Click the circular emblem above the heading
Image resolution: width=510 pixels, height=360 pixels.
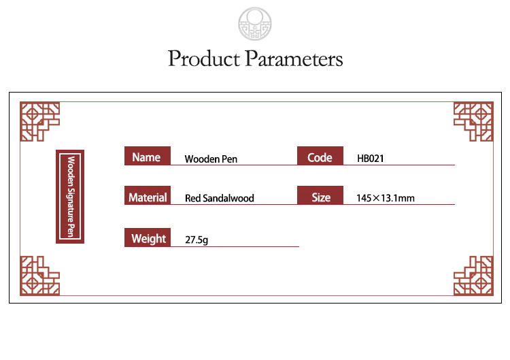255,24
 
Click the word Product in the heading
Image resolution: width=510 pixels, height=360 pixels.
204,59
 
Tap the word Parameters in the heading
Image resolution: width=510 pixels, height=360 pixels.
294,59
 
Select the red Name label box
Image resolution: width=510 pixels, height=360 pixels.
148,156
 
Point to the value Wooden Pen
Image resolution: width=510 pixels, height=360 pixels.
211,159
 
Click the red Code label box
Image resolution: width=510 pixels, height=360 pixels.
320,156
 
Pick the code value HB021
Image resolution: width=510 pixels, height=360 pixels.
371,159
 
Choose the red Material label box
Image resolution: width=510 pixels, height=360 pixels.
148,195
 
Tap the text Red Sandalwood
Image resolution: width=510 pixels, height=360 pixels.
220,198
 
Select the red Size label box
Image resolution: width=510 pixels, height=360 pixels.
320,195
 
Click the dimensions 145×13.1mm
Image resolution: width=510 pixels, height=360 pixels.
386,198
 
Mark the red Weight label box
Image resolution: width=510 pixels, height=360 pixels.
148,238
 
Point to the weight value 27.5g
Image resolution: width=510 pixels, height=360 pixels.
197,240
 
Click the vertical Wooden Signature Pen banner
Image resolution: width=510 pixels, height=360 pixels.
70,197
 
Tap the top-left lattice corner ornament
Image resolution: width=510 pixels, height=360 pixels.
39,121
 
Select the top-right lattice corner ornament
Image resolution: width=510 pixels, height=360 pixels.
473,121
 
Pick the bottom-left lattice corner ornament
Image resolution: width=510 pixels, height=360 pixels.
39,276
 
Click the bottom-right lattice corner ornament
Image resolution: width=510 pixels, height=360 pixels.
473,276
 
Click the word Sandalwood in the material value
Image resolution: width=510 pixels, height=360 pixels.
228,198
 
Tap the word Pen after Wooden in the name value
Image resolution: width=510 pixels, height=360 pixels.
229,159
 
